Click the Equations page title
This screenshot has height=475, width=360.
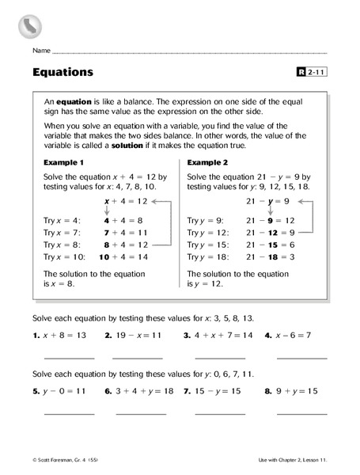coord(63,72)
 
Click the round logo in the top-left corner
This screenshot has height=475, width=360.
coord(29,25)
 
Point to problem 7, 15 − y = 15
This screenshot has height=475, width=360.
coord(215,390)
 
